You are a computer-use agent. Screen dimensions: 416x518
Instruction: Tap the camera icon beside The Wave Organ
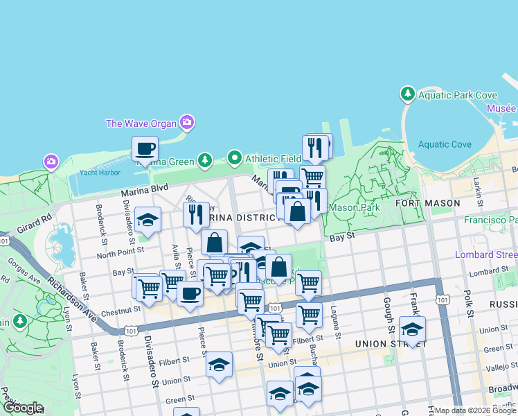click(186, 123)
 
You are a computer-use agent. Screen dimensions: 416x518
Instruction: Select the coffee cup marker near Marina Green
click(145, 148)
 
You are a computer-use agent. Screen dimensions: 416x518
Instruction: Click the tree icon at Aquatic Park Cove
click(408, 94)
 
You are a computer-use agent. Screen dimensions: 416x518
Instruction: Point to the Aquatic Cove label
click(445, 145)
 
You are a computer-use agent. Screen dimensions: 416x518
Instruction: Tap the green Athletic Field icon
click(235, 159)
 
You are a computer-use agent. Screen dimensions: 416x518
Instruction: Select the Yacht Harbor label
click(96, 173)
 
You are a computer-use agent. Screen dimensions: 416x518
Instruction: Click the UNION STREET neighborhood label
click(383, 344)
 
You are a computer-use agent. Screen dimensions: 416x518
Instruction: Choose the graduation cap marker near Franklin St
click(412, 329)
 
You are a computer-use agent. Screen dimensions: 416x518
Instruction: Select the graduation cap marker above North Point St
click(148, 220)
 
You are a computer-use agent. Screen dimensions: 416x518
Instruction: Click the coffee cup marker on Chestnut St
click(190, 292)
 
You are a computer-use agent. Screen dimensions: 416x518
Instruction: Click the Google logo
click(23, 408)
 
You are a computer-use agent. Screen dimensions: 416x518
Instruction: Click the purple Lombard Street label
click(485, 254)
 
